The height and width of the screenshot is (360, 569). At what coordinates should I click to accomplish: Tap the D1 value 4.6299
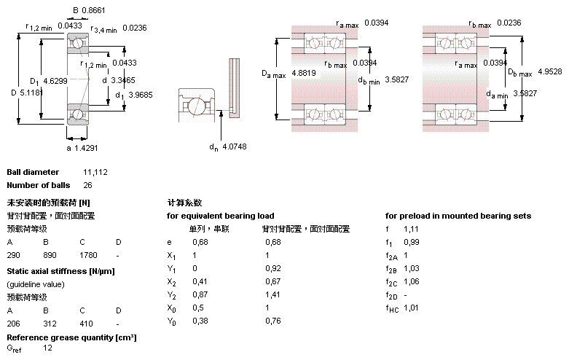pos(55,80)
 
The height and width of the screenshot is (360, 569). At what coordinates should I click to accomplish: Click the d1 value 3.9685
pos(140,95)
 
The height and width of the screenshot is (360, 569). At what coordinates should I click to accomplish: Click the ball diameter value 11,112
pos(96,172)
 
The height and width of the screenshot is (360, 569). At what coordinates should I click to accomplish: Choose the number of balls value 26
pos(88,185)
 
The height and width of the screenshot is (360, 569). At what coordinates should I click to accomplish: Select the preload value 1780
pos(87,256)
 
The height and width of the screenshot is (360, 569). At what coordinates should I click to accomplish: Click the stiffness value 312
pos(50,322)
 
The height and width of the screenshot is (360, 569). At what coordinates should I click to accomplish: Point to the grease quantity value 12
pos(47,349)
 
